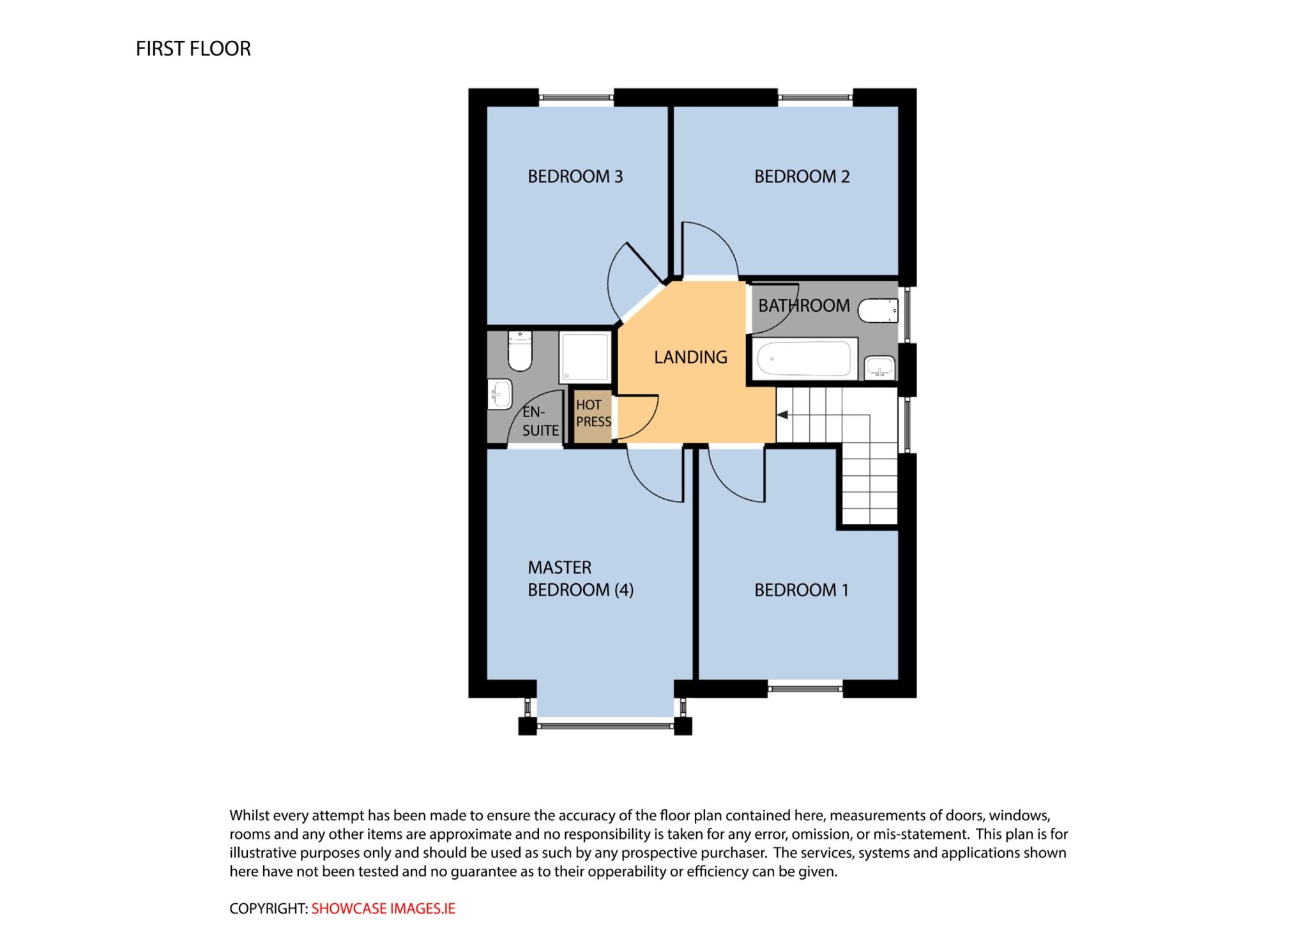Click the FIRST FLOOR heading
193,49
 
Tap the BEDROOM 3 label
575,176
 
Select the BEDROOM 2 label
802,176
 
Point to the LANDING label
690,357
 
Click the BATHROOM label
803,305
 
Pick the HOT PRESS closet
593,416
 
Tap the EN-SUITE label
540,421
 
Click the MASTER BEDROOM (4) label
581,579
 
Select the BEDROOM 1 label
802,590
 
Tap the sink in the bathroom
879,368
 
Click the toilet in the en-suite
520,351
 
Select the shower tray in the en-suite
584,357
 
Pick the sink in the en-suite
500,394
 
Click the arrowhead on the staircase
782,415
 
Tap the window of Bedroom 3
576,98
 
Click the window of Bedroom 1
805,689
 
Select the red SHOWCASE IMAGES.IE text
383,908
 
